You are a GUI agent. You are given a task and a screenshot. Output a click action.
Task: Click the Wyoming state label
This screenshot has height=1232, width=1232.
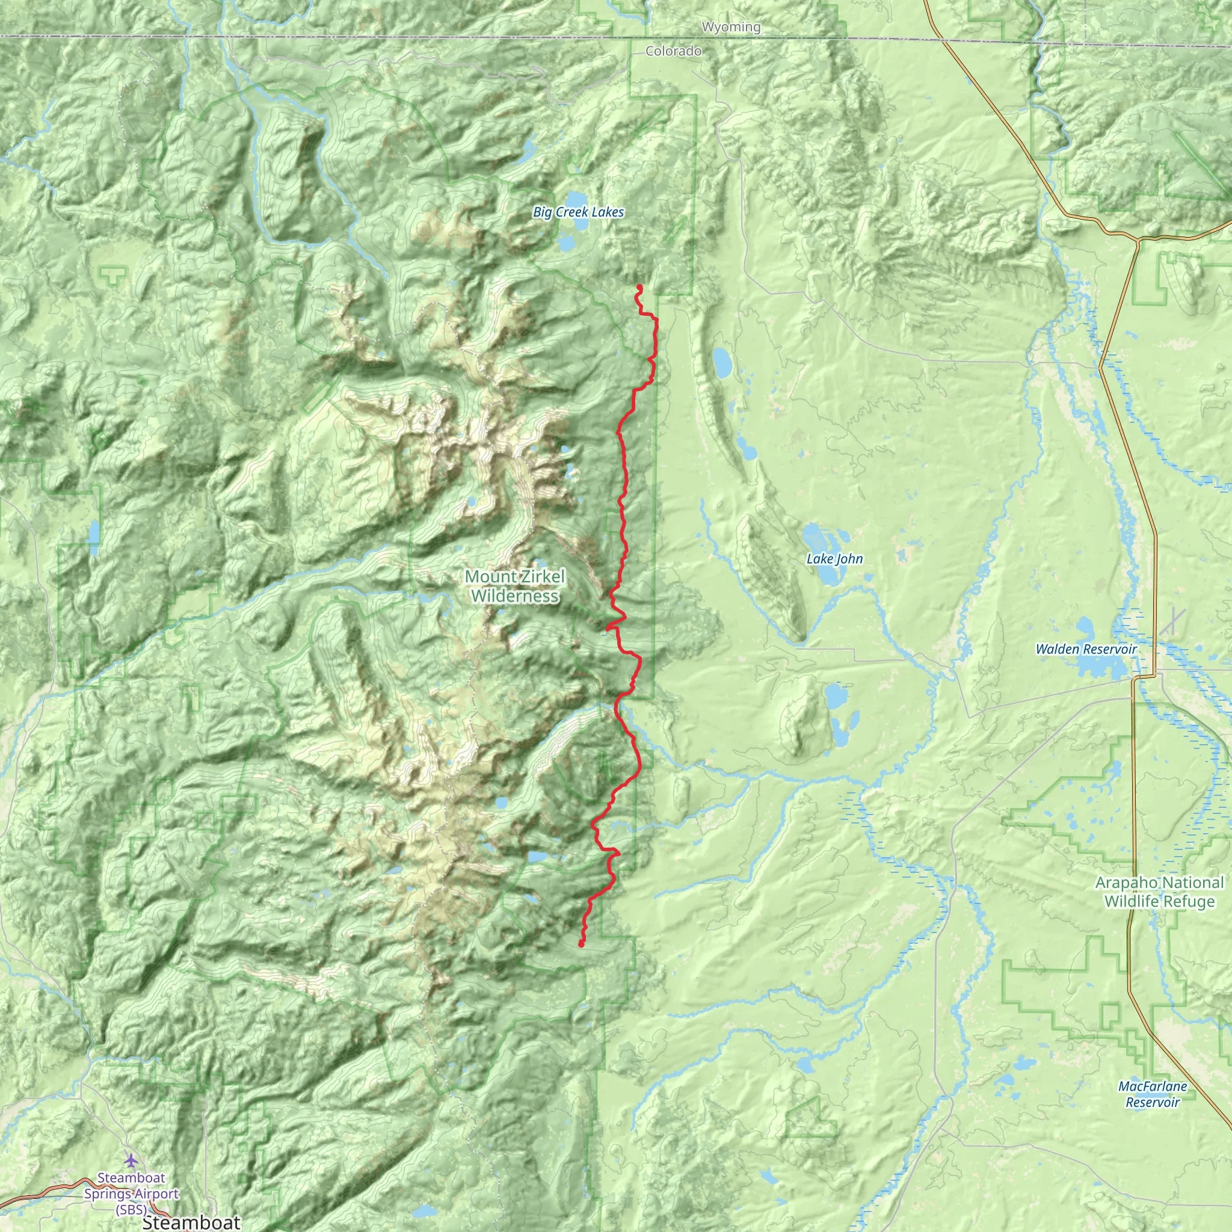731,27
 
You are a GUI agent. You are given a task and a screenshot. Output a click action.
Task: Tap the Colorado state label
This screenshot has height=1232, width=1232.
673,51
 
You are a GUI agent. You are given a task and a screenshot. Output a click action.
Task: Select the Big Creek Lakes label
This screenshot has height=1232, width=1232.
578,212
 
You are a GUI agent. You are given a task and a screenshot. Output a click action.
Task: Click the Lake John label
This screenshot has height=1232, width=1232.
835,559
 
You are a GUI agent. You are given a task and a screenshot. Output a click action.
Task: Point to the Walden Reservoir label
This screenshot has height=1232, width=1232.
1086,649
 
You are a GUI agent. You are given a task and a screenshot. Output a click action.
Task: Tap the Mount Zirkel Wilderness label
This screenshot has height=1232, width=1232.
516,586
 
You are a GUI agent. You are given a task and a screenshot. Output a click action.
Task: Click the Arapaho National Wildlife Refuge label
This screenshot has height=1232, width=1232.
1159,892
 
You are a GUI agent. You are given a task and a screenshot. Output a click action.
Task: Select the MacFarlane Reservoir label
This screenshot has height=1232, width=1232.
1152,1094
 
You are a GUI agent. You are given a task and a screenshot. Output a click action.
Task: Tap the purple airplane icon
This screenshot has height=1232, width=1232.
131,1158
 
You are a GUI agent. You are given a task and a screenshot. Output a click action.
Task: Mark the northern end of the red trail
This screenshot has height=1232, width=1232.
638,288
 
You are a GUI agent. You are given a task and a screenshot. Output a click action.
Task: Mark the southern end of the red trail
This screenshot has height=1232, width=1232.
581,945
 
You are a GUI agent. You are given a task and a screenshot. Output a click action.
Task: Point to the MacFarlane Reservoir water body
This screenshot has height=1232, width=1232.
1024,1063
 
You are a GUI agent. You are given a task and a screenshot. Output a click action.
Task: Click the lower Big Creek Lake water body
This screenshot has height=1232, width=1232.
566,244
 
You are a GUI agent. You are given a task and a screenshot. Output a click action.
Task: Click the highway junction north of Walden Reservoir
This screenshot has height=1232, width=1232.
1138,241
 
